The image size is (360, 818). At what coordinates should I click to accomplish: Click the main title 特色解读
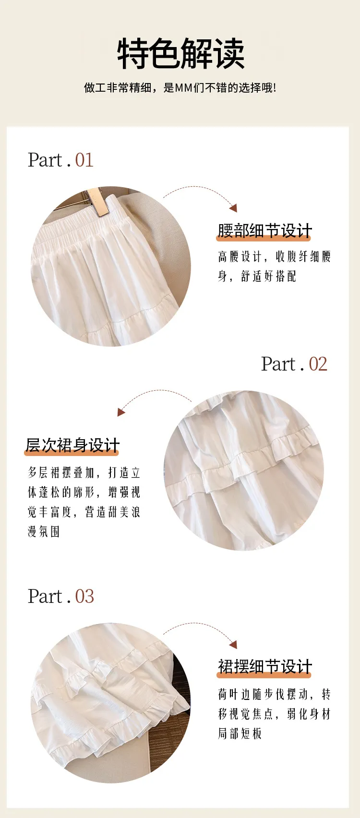[x=180, y=53]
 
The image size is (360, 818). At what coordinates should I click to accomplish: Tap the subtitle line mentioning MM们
[x=180, y=88]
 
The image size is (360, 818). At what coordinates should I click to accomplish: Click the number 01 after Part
[x=84, y=160]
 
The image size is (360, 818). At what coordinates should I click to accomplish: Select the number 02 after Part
[x=318, y=364]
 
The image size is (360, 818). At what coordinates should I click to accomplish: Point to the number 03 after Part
[x=84, y=596]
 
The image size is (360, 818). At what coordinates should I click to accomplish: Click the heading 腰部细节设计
[x=264, y=231]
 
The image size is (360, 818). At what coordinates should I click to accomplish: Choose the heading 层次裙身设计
[x=72, y=445]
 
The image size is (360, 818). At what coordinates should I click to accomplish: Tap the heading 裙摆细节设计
[x=264, y=666]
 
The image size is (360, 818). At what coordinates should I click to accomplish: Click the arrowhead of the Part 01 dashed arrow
[x=234, y=208]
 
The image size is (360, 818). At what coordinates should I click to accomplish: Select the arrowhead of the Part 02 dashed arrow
[x=121, y=412]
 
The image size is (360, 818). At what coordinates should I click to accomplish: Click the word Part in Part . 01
[x=45, y=160]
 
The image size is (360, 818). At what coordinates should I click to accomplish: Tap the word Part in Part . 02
[x=278, y=364]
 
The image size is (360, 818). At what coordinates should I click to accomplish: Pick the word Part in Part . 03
[x=45, y=596]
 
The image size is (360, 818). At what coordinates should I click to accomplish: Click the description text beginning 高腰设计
[x=274, y=266]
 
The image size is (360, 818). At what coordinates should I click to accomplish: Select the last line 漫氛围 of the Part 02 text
[x=44, y=531]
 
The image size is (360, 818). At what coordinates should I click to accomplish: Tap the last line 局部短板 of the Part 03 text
[x=240, y=734]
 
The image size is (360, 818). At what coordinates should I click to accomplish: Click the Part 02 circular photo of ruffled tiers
[x=244, y=471]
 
